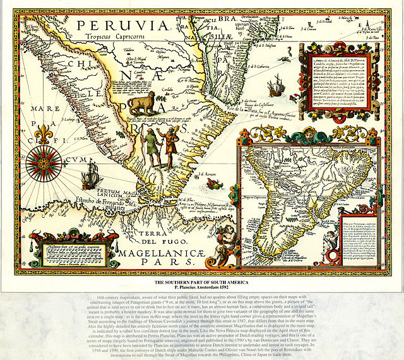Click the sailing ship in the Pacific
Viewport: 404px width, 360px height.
[92, 174]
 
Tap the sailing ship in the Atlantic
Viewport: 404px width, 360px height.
[276, 85]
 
